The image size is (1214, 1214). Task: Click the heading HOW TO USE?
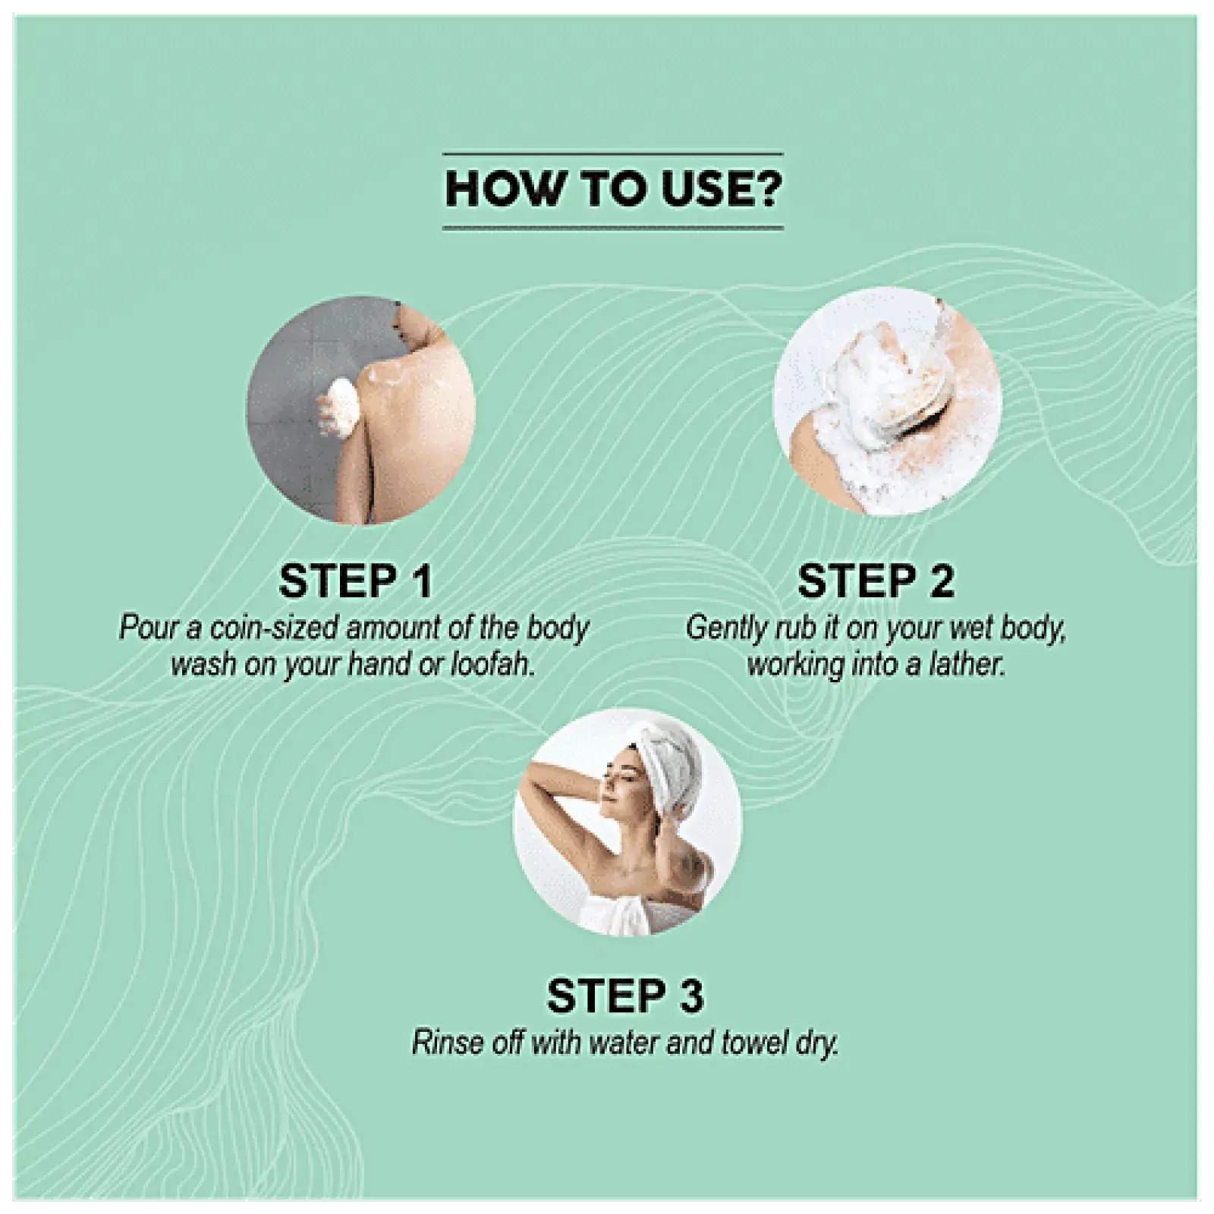click(612, 189)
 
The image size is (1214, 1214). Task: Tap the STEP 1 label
click(355, 581)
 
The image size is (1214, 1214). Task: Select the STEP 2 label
click(876, 581)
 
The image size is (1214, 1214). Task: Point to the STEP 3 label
click(625, 995)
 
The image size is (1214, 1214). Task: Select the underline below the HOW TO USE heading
click(612, 227)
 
